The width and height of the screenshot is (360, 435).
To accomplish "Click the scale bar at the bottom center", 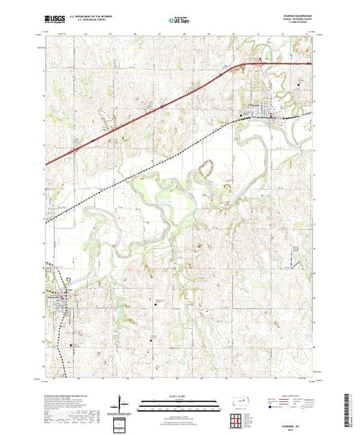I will coord(180,402).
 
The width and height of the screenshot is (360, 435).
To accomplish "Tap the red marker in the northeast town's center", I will coord(273,116).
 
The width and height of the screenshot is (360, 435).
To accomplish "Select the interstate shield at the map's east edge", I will coord(308,64).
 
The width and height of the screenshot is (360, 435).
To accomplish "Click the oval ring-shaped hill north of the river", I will coord(205,166).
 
